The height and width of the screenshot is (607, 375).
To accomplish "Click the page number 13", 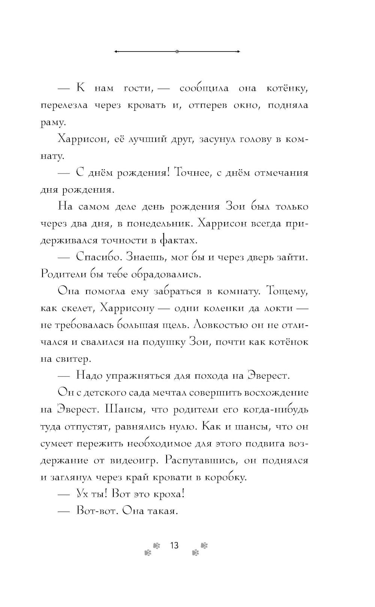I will (174, 545).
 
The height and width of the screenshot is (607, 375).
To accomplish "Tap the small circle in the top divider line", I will (177, 51).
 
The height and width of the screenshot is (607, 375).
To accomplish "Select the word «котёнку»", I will (287, 89).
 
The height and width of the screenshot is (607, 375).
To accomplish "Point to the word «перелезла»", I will (64, 106).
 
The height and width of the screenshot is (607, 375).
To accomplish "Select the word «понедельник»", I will (159, 224).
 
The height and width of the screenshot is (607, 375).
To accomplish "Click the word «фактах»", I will (178, 240).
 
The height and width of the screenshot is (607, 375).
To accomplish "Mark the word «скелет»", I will (77, 308).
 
